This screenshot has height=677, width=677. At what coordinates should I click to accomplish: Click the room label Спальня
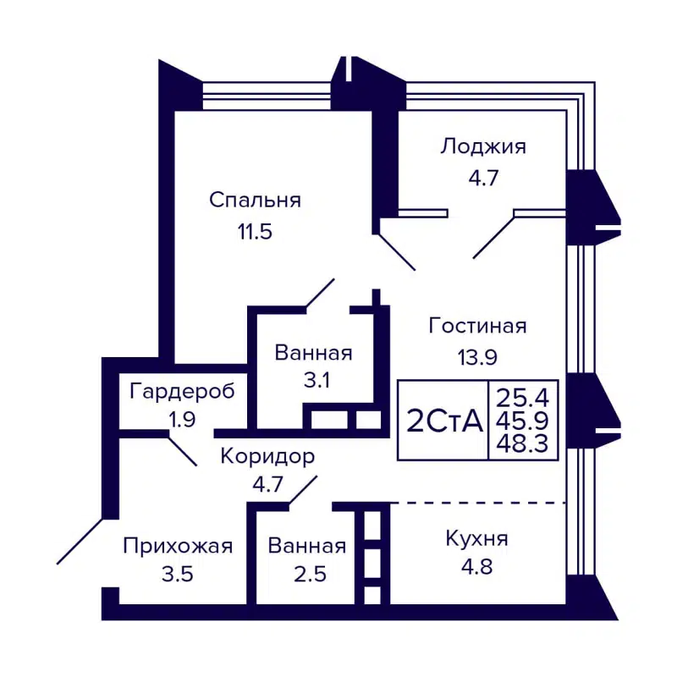pyautogui.click(x=255, y=201)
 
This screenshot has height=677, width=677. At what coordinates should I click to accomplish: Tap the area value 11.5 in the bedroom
pyautogui.click(x=255, y=232)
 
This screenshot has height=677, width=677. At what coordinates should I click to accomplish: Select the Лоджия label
pyautogui.click(x=482, y=146)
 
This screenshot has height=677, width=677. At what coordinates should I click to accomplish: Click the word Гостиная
pyautogui.click(x=478, y=326)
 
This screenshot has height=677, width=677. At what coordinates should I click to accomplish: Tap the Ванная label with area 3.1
pyautogui.click(x=313, y=353)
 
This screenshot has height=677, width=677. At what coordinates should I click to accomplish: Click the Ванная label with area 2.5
pyautogui.click(x=306, y=546)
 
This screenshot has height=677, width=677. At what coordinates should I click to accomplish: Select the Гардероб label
pyautogui.click(x=182, y=391)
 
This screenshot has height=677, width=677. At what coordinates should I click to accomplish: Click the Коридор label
pyautogui.click(x=267, y=457)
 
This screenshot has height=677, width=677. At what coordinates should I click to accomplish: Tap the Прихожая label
pyautogui.click(x=177, y=546)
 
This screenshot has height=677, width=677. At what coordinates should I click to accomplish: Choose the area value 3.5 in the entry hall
pyautogui.click(x=177, y=575)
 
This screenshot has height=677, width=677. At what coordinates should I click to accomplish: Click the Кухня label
pyautogui.click(x=476, y=538)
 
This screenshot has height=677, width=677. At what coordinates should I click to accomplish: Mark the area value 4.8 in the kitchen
pyautogui.click(x=476, y=569)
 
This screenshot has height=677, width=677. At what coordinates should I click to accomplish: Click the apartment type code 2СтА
pyautogui.click(x=444, y=421)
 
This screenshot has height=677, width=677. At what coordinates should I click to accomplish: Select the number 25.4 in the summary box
pyautogui.click(x=524, y=394)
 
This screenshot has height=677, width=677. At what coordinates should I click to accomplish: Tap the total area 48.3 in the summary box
pyautogui.click(x=524, y=443)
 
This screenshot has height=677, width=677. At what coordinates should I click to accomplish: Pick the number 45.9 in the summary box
pyautogui.click(x=524, y=419)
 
